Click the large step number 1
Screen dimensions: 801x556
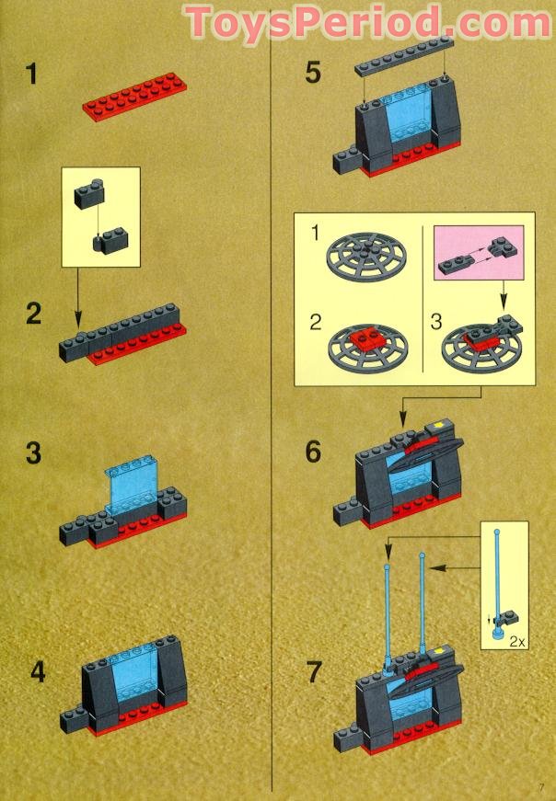click(x=32, y=73)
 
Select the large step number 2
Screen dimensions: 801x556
click(x=33, y=315)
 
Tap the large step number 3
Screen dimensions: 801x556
click(x=33, y=453)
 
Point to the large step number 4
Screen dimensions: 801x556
click(x=37, y=671)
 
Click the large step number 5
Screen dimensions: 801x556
click(x=315, y=73)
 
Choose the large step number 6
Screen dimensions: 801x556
click(x=315, y=452)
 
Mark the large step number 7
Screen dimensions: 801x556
click(x=315, y=672)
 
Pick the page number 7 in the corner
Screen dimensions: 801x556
click(x=542, y=784)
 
